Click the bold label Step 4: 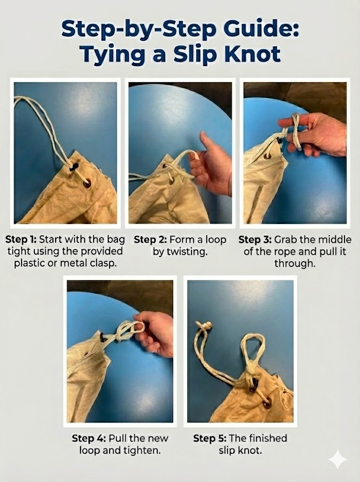[x=89, y=438]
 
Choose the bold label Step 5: [x=210, y=438]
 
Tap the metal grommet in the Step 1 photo [x=87, y=183]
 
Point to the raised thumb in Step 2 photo [x=205, y=141]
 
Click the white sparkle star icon [x=337, y=460]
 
